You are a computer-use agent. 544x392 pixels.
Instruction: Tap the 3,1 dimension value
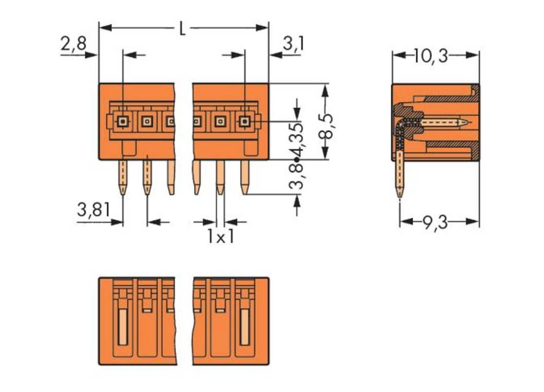click(293, 43)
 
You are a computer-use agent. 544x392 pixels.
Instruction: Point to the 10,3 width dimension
click(430, 55)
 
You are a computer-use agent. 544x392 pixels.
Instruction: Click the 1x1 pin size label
click(220, 237)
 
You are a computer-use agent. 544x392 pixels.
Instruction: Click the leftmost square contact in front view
click(123, 121)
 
